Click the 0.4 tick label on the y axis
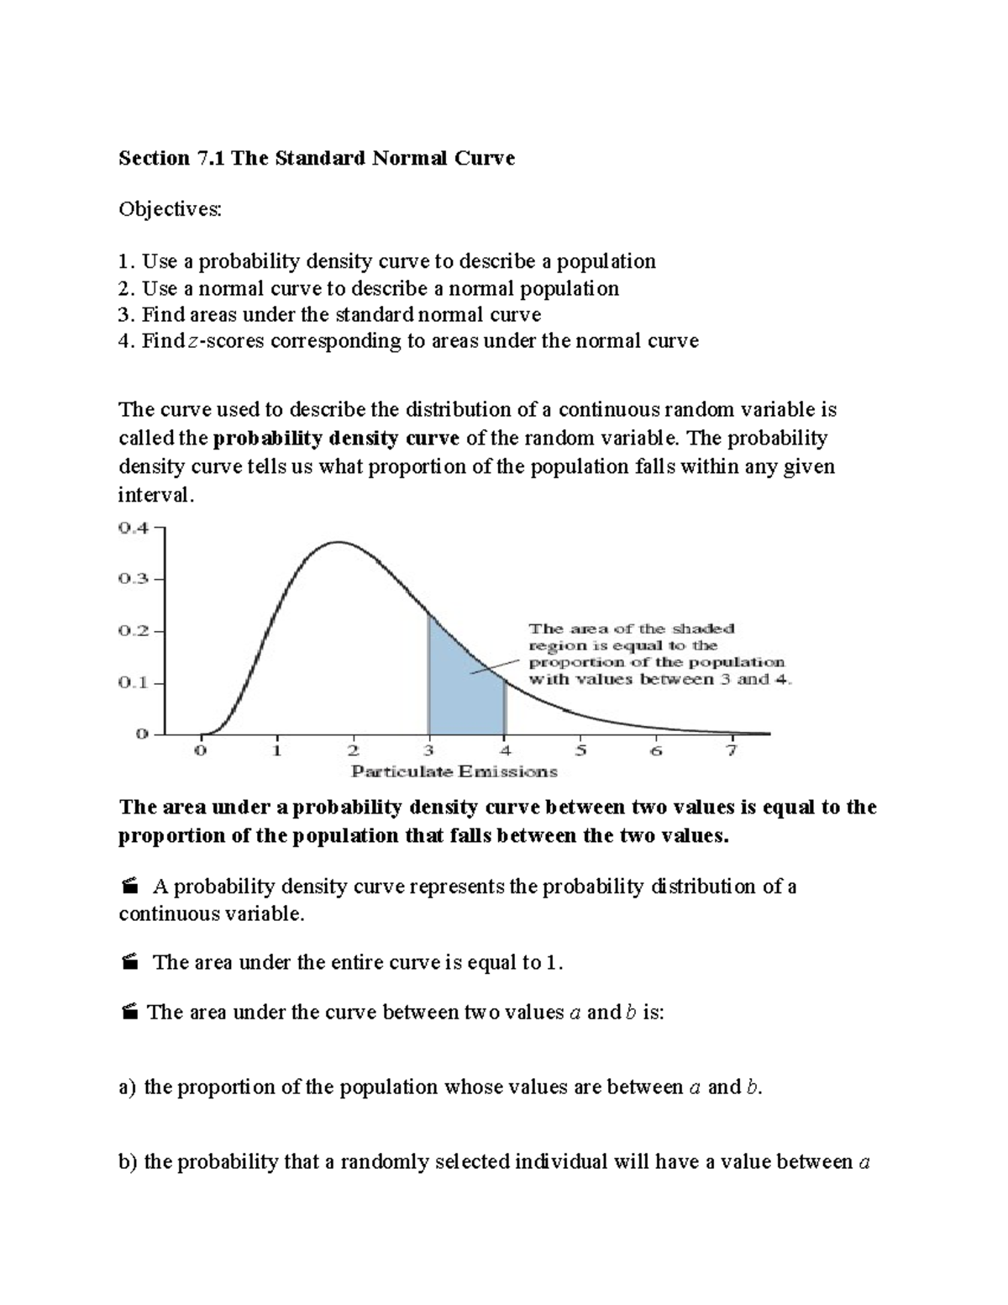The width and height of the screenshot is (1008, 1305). click(x=134, y=529)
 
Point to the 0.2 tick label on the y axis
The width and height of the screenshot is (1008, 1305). click(x=134, y=631)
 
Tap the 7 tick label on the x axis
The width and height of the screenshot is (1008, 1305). click(x=732, y=750)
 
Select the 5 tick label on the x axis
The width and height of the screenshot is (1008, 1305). click(x=580, y=750)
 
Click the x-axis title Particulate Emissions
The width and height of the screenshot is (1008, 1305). click(x=454, y=771)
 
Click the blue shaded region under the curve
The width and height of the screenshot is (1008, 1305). click(x=458, y=689)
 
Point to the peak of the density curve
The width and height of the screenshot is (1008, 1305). click(x=337, y=543)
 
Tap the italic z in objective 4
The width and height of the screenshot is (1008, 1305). click(x=195, y=341)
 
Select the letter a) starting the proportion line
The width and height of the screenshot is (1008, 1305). click(x=127, y=1087)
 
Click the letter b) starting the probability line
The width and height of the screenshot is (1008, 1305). click(x=128, y=1162)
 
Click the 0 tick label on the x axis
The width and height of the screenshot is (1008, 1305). click(x=200, y=750)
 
